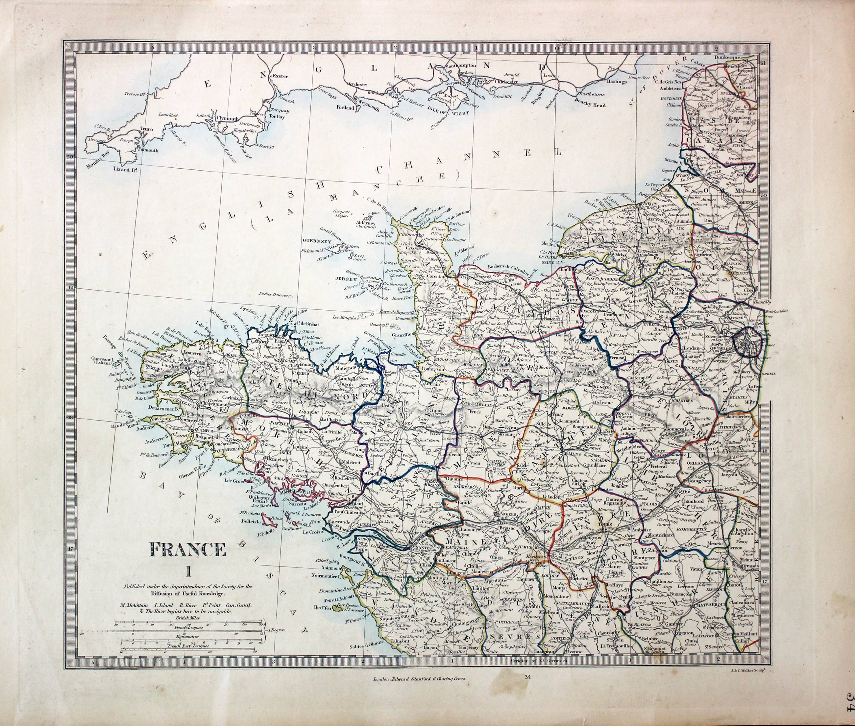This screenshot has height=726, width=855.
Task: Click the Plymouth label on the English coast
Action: click(x=227, y=118)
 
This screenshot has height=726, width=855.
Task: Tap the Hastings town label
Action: click(x=616, y=82)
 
